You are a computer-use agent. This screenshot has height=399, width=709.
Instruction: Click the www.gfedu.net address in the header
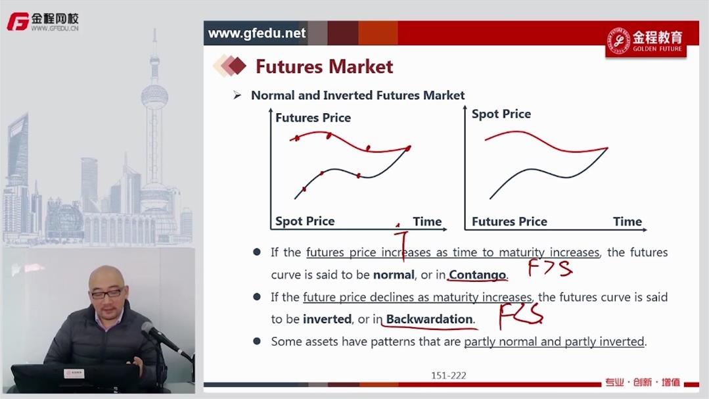pyautogui.click(x=257, y=33)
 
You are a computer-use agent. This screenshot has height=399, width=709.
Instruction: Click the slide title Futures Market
pyautogui.click(x=324, y=66)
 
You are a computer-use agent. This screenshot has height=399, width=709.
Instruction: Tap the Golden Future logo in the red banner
pyautogui.click(x=646, y=41)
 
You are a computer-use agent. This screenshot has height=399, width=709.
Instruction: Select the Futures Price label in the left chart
pyautogui.click(x=313, y=118)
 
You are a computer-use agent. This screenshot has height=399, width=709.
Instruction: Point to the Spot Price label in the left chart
pyautogui.click(x=305, y=222)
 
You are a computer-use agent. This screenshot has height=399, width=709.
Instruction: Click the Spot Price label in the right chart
pyautogui.click(x=501, y=114)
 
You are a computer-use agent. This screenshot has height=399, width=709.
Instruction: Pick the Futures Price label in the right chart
pyautogui.click(x=509, y=222)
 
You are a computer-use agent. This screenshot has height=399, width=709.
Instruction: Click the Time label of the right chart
pyautogui.click(x=627, y=222)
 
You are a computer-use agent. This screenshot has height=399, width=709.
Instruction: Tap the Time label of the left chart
pyautogui.click(x=427, y=222)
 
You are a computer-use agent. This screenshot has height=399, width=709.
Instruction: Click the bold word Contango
pyautogui.click(x=478, y=275)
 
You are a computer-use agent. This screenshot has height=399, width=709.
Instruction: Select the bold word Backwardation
pyautogui.click(x=430, y=319)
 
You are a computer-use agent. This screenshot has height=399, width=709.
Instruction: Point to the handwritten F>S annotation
pyautogui.click(x=550, y=268)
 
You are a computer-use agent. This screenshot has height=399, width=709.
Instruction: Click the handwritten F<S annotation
pyautogui.click(x=521, y=316)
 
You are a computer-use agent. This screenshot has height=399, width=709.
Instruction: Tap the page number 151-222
pyautogui.click(x=449, y=375)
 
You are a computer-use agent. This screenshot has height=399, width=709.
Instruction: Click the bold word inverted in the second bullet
pyautogui.click(x=327, y=319)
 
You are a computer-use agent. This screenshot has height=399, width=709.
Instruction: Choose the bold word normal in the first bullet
pyautogui.click(x=394, y=275)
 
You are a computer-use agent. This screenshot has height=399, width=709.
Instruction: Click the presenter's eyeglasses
pyautogui.click(x=106, y=294)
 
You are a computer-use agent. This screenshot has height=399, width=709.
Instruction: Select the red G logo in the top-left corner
pyautogui.click(x=18, y=21)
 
